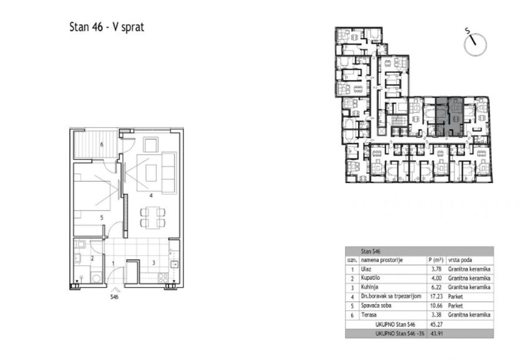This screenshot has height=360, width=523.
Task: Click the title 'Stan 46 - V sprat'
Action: pos(106,27)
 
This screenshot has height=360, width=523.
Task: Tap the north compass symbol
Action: pos(474,44)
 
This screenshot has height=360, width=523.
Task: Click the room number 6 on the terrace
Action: pos(101,144)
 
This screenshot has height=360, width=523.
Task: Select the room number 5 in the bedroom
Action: pos(101,217)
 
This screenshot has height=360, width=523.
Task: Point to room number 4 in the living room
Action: pos(151,196)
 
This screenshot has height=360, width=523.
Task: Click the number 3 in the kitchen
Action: pos(154,263)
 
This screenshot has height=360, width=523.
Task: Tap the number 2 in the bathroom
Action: pos(92,258)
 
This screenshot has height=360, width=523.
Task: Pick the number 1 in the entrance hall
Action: pos(113,263)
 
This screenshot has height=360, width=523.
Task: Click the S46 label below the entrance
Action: pos(115,296)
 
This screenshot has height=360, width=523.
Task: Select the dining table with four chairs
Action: pos(153,217)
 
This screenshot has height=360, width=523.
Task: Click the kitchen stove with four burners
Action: pos(163,278)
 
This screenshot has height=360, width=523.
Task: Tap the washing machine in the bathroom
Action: pos(97,278)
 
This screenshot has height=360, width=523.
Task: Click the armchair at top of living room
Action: pos(151,144)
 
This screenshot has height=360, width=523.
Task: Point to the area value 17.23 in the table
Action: pos(436,296)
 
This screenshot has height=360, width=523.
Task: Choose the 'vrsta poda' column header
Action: pos(460,260)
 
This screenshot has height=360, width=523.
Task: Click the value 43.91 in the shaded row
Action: pos(436,333)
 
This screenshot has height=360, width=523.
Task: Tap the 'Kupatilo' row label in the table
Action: pos(370,278)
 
